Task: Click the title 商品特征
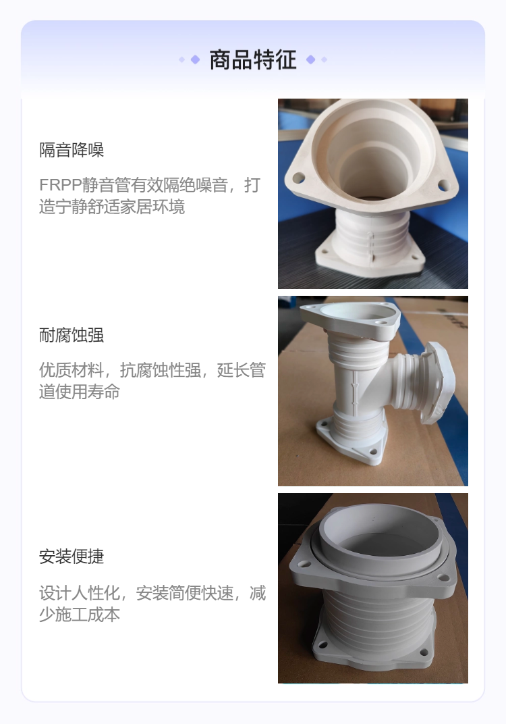click(x=253, y=60)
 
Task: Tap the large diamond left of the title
click(x=195, y=59)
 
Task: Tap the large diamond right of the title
click(x=311, y=59)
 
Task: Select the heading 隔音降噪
click(x=72, y=150)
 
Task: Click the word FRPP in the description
click(x=61, y=185)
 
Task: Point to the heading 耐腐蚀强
click(x=72, y=335)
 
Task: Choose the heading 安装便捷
click(x=72, y=557)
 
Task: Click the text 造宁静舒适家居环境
click(x=112, y=207)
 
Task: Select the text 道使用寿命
click(x=80, y=392)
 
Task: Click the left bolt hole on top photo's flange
click(x=298, y=178)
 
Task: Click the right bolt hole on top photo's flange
click(x=444, y=186)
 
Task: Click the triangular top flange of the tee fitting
click(x=349, y=320)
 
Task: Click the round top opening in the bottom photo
click(x=380, y=536)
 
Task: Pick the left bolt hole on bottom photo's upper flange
click(x=304, y=564)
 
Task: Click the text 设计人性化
click(x=80, y=594)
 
